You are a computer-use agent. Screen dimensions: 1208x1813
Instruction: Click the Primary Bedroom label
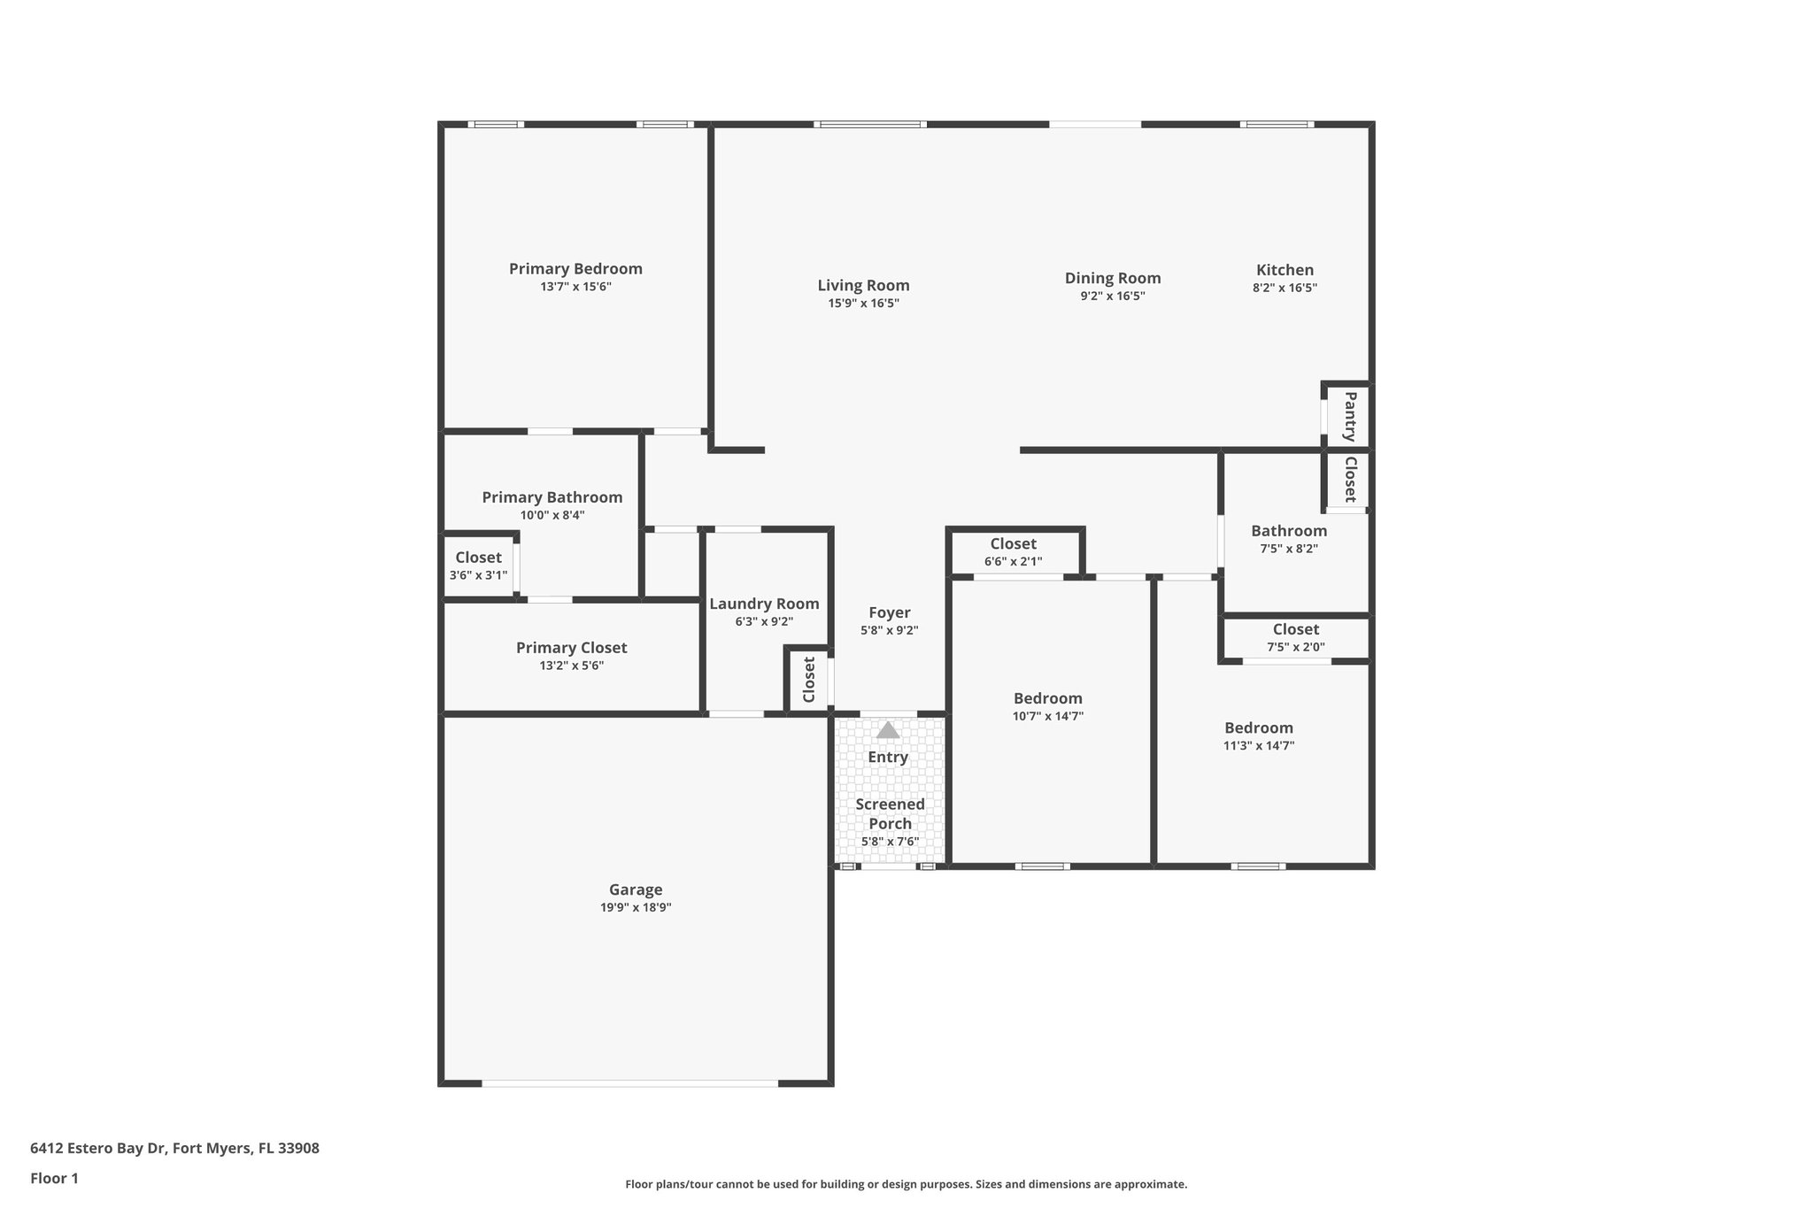point(575,269)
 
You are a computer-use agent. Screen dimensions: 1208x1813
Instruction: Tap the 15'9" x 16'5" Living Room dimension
point(863,304)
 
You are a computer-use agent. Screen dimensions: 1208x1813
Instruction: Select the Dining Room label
point(1112,279)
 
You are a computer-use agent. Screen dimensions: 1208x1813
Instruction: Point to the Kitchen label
point(1285,271)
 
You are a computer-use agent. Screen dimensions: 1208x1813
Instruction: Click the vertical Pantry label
point(1350,417)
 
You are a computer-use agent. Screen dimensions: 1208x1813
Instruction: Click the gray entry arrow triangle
point(888,730)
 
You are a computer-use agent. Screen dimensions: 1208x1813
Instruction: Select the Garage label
point(636,890)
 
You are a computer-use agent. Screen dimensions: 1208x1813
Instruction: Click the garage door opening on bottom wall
point(630,1083)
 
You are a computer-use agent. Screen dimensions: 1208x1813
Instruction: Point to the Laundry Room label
point(764,604)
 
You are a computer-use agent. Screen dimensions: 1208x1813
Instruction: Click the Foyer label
point(889,613)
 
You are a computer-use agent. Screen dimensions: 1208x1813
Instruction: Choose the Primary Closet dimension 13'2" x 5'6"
point(571,666)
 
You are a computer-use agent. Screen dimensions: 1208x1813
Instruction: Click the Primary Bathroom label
point(552,498)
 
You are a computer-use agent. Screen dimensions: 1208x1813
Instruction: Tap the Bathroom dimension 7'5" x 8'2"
point(1288,549)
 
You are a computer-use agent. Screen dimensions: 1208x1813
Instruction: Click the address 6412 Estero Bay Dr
point(174,1149)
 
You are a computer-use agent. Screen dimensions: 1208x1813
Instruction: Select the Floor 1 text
point(54,1179)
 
